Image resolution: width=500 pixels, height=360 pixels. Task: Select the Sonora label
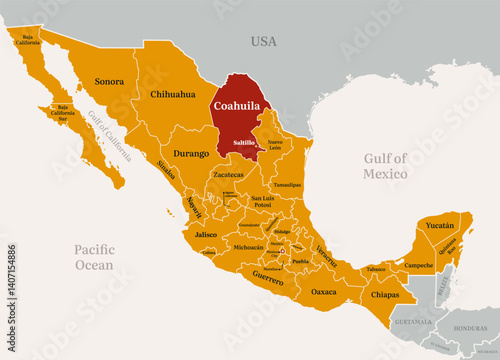coord(109,80)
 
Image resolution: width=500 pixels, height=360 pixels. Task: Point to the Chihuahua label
coord(171,94)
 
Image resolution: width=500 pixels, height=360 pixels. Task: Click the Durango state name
coord(192,154)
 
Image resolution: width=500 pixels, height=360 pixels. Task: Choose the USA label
coord(263,41)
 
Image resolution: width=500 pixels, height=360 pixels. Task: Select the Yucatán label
coord(439,226)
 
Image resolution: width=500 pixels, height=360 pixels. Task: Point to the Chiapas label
coord(384,295)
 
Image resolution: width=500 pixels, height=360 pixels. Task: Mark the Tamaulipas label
coord(287,185)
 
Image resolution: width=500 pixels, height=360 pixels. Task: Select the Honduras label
coord(469,327)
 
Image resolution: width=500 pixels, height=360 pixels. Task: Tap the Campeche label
coord(419,266)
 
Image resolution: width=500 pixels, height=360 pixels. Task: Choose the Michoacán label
coord(248,246)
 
